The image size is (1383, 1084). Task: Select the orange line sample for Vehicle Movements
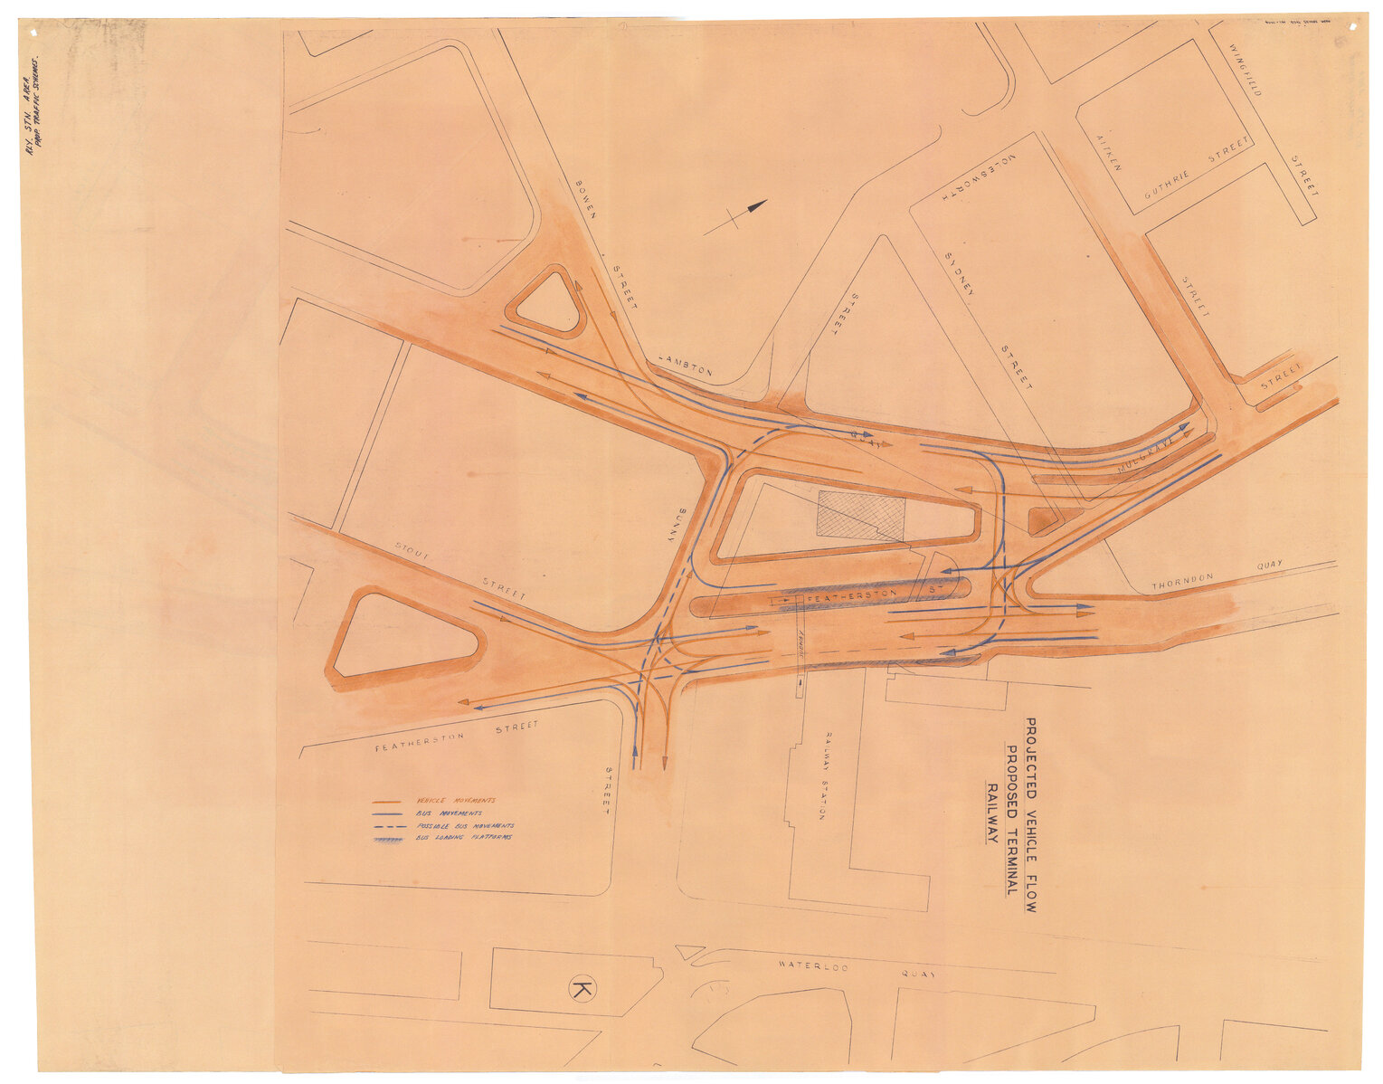coord(388,802)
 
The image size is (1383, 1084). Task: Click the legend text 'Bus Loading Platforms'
coord(464,838)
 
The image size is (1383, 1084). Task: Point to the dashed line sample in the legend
coord(388,826)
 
